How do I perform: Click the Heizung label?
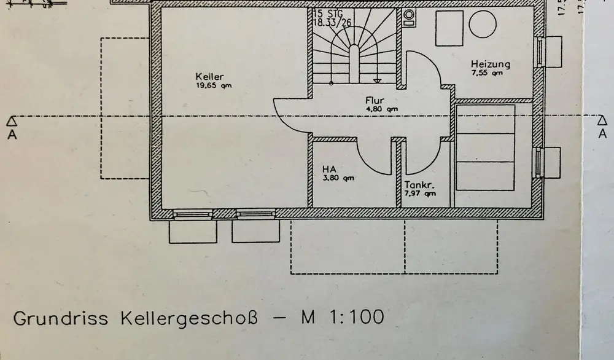490,64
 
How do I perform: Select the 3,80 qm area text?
338,178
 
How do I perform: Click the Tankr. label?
419,184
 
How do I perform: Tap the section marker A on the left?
12,127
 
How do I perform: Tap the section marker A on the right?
602,127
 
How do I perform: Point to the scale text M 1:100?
343,317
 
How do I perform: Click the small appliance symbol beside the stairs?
409,17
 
